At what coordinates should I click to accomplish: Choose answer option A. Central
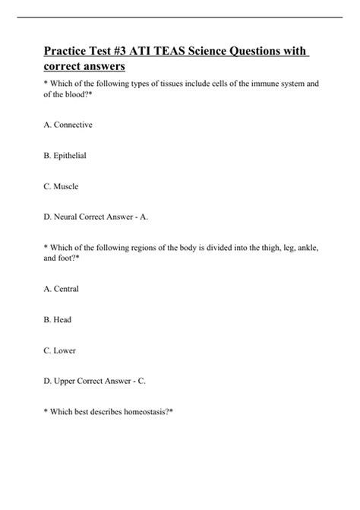[62, 289]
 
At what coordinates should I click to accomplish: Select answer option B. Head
[58, 320]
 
